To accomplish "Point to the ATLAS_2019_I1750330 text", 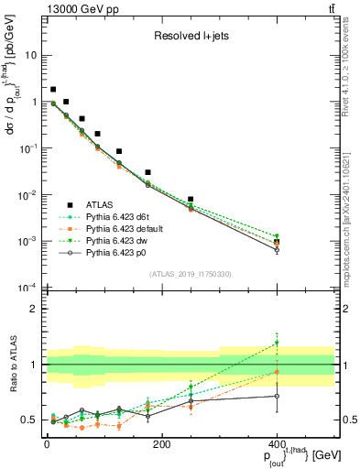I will (190, 274).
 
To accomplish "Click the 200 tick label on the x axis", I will (161, 444).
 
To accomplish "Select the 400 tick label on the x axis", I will (277, 444).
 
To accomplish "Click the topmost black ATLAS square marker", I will (53, 90).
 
